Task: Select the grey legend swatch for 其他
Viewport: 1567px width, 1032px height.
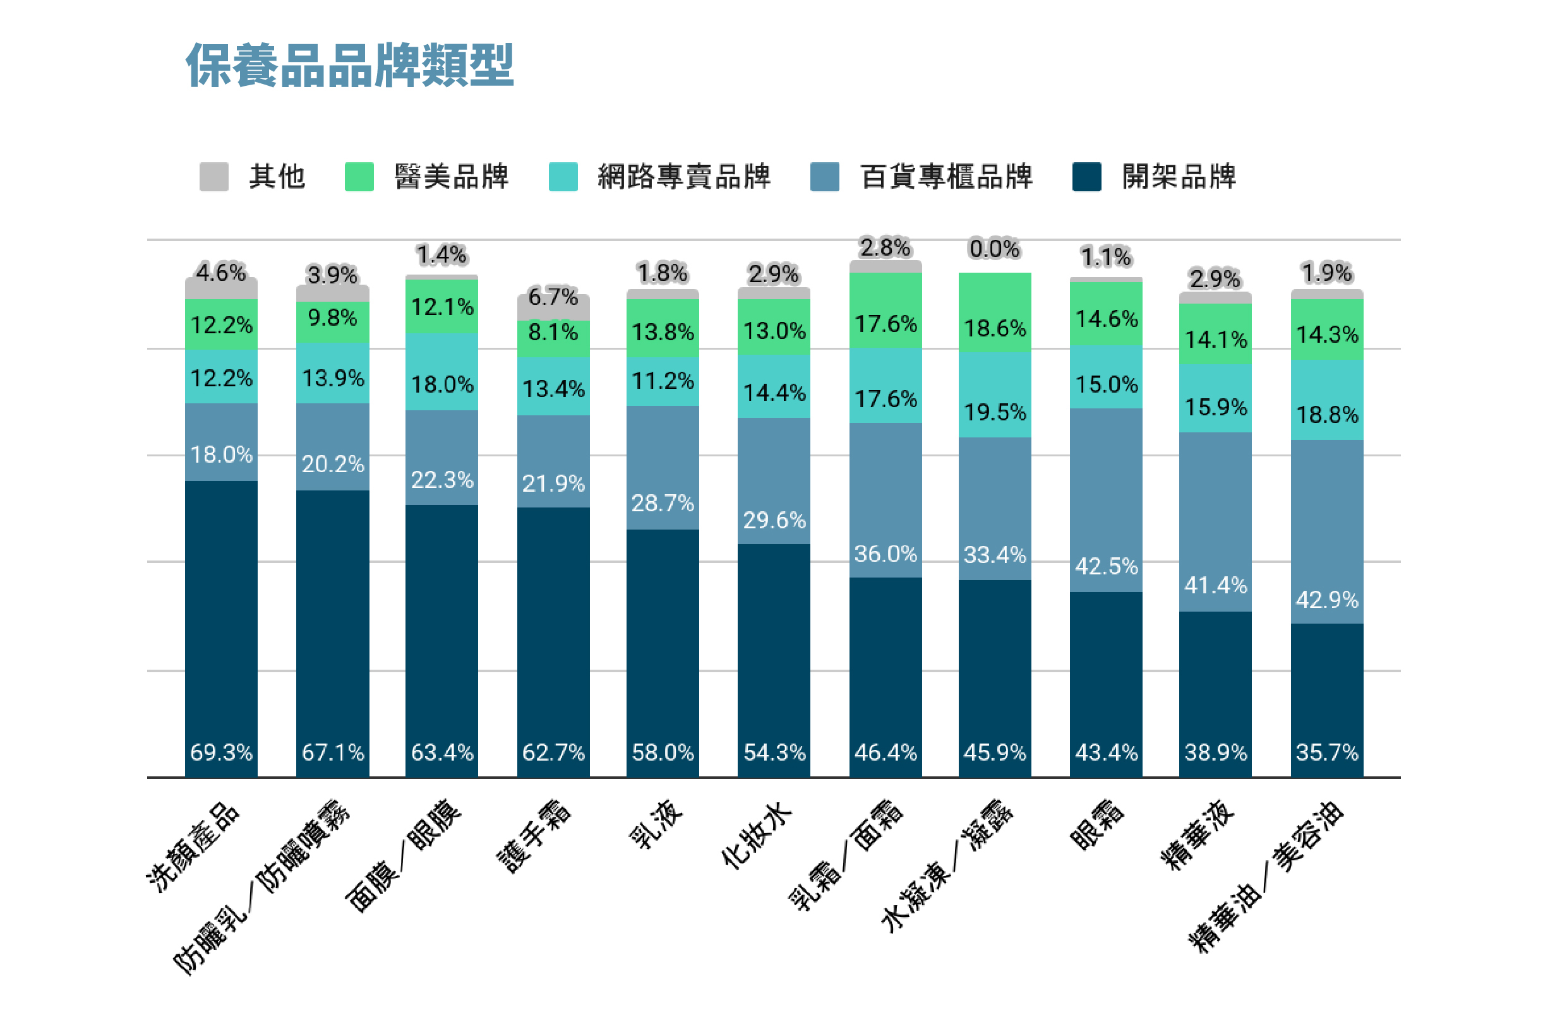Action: pos(214,176)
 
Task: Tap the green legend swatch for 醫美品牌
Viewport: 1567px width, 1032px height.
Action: pos(359,176)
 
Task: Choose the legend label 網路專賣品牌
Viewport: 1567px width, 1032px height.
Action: pos(684,176)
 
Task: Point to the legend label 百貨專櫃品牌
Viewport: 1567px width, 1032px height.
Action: pos(947,176)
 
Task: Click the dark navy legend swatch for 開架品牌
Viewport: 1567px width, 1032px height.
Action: pos(1086,176)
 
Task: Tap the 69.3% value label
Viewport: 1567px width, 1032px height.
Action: pos(221,752)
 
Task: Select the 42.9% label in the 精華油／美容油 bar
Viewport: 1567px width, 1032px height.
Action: pos(1327,600)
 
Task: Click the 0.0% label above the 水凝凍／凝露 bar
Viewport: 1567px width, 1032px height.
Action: pos(994,249)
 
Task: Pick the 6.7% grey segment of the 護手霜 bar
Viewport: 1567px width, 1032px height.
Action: pos(553,305)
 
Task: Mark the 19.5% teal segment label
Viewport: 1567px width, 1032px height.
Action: pos(995,413)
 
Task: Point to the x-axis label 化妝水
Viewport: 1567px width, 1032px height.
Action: pos(757,834)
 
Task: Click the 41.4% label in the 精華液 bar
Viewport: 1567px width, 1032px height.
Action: pos(1215,585)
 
